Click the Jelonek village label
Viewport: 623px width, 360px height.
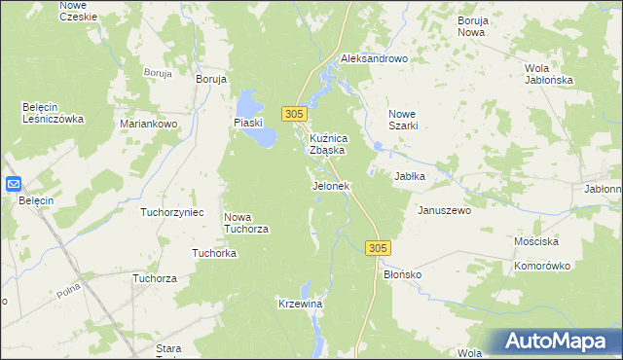coord(330,186)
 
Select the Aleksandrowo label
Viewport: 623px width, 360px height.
coord(373,58)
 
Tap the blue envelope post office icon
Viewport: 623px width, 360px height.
coord(14,183)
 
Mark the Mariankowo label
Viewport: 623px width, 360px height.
coord(147,125)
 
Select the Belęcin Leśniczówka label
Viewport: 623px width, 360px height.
coord(54,113)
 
